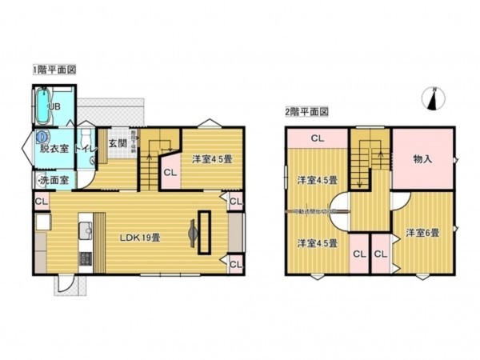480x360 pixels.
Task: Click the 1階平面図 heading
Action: tap(54, 70)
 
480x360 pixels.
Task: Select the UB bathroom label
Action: tap(54, 106)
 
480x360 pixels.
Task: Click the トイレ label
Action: tap(86, 148)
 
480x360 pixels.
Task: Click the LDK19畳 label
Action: tap(142, 238)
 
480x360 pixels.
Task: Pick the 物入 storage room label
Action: tap(422, 159)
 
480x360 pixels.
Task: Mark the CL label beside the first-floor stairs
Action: tap(170, 171)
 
